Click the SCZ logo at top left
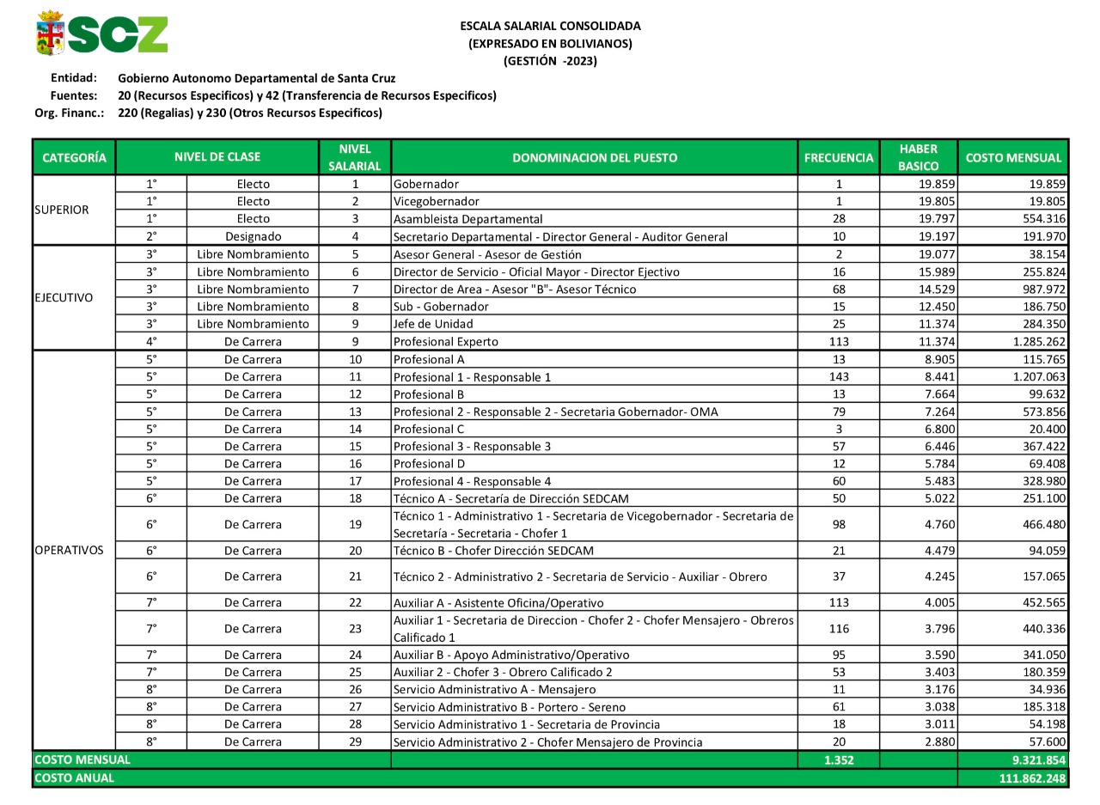tap(101, 34)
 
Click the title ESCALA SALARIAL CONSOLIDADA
tap(550, 26)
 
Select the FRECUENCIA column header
tap(838, 157)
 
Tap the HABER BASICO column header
tap(918, 157)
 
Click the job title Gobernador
tap(426, 184)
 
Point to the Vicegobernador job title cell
tap(437, 201)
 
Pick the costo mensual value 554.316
tap(1039, 218)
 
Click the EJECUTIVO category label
tap(64, 298)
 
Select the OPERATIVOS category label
tap(69, 550)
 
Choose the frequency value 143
tap(839, 376)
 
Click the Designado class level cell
tap(253, 236)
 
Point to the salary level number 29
tap(355, 741)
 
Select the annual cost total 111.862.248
tap(1032, 778)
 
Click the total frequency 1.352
tap(838, 760)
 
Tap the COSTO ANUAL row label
tap(74, 778)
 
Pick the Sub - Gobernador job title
tap(441, 307)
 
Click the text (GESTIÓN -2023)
tap(550, 61)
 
